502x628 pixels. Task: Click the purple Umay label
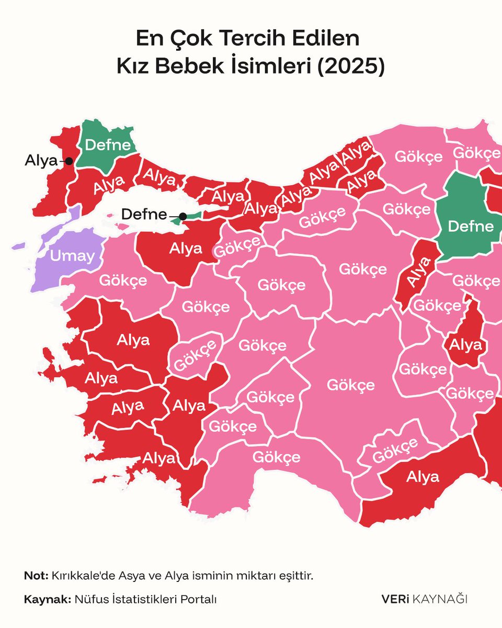[x=72, y=256]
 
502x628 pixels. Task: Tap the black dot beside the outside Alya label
[x=69, y=161]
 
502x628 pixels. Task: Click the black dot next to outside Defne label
[x=182, y=216]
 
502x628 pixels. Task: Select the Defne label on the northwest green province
[x=107, y=145]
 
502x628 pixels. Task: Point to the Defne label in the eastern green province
[x=471, y=227]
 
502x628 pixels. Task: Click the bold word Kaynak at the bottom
[x=47, y=599]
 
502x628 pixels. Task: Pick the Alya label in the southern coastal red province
[x=423, y=477]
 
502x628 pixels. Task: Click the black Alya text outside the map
[x=41, y=161]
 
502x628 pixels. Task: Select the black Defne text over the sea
[x=144, y=214]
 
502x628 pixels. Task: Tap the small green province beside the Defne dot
[x=192, y=218]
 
